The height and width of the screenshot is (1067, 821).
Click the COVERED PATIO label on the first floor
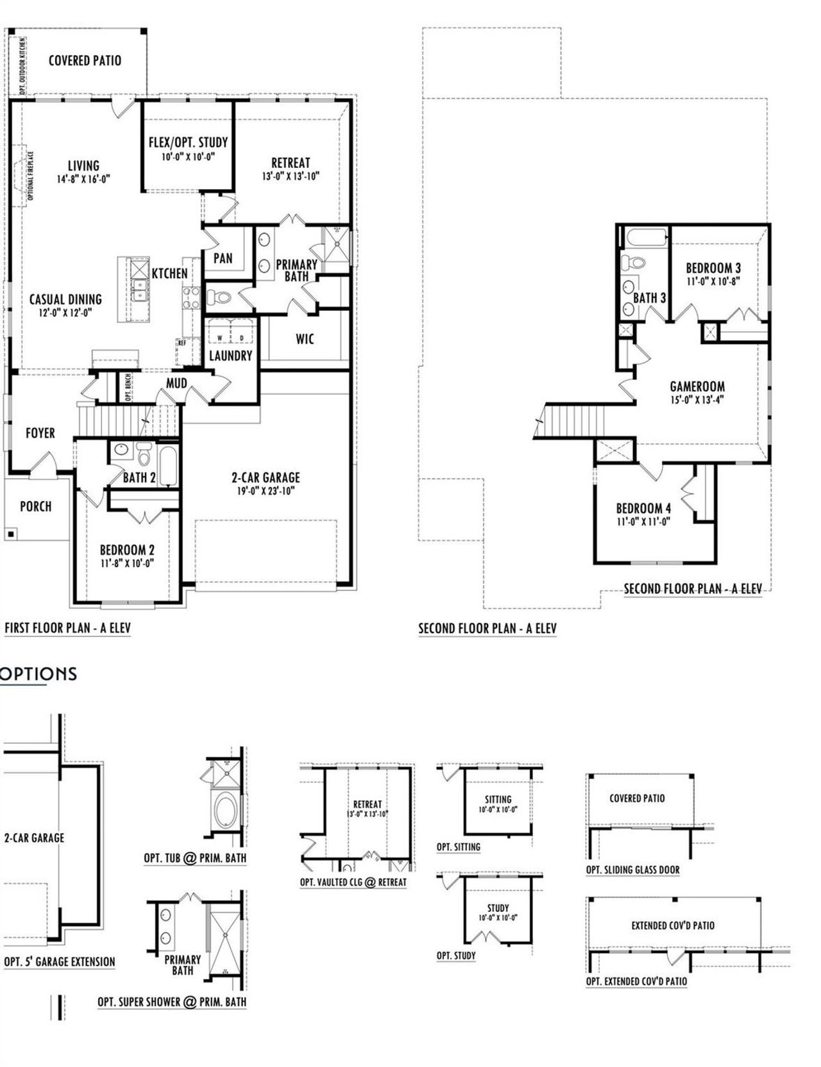(x=85, y=61)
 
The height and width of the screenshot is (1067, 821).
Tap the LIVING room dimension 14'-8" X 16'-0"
(x=83, y=179)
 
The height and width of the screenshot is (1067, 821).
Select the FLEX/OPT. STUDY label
(x=188, y=142)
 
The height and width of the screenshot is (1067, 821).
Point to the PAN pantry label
(x=223, y=258)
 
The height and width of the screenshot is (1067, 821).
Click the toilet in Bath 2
(x=143, y=454)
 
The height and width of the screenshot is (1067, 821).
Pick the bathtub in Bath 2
(x=167, y=466)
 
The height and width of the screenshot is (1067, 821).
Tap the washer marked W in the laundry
(x=219, y=338)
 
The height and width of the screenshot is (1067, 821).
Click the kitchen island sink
(x=137, y=290)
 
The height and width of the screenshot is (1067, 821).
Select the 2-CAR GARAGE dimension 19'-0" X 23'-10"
(x=266, y=492)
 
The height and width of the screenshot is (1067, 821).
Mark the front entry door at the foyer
(x=44, y=464)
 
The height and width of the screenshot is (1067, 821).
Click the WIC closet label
(x=305, y=339)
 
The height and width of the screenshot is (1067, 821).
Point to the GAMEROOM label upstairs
(x=697, y=386)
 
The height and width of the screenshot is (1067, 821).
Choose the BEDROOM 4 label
(x=643, y=508)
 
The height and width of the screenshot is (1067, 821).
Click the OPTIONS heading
(x=38, y=674)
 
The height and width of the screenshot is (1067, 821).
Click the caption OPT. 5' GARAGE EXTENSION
(x=60, y=962)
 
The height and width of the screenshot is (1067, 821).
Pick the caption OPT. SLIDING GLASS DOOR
(x=632, y=870)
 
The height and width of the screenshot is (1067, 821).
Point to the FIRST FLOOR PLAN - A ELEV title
(x=68, y=628)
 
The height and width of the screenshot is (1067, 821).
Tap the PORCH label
(x=36, y=506)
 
